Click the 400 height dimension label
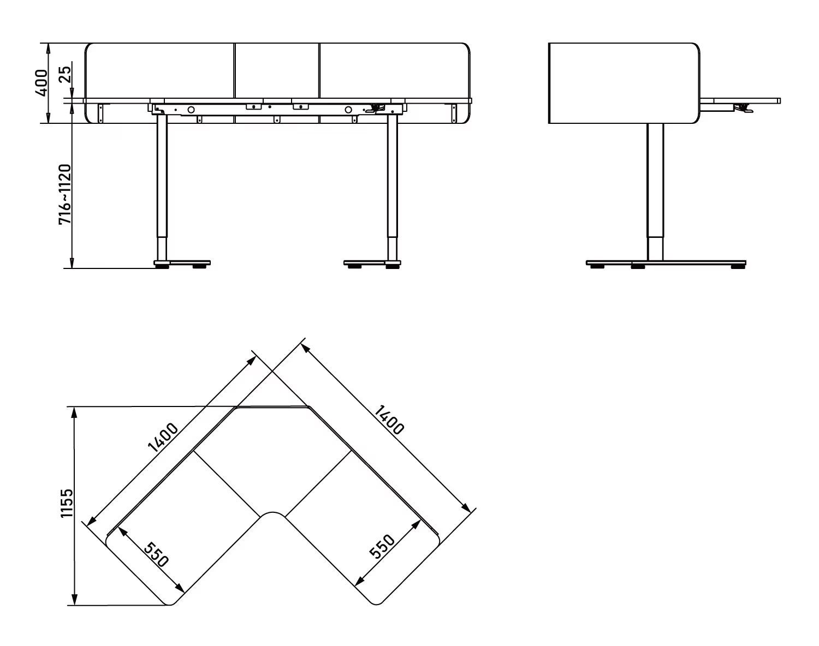click(41, 82)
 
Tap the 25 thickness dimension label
click(65, 74)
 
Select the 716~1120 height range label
click(65, 194)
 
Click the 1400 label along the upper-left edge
click(163, 439)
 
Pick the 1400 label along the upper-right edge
click(389, 419)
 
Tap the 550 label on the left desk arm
click(157, 554)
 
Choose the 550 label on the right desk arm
click(382, 547)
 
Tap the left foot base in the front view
click(182, 263)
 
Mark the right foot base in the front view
click(371, 263)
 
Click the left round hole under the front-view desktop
click(191, 110)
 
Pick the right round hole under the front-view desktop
click(348, 110)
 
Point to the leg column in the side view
click(655, 191)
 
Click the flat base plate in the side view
click(666, 263)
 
